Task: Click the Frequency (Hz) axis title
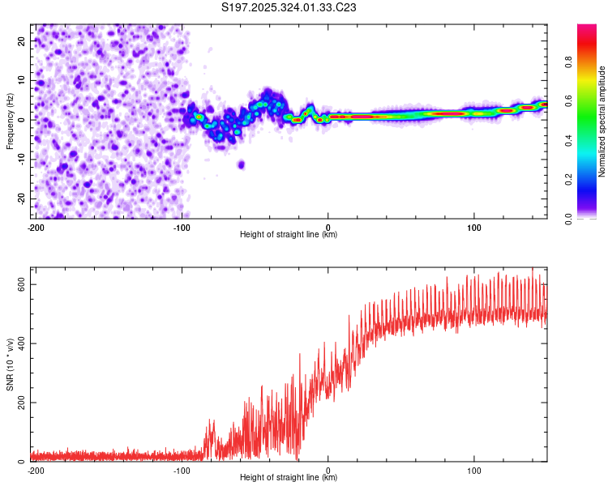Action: [x=10, y=121]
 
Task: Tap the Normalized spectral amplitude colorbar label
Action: [x=602, y=121]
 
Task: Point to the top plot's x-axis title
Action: [x=289, y=235]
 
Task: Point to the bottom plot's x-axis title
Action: [x=289, y=478]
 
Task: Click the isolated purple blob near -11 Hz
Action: [x=241, y=164]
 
